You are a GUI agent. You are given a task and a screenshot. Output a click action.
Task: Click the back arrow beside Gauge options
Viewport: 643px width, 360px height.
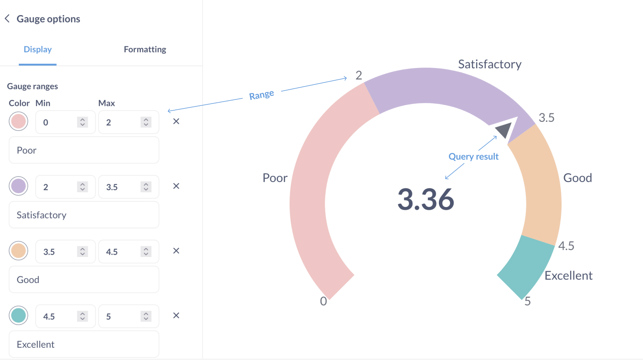pos(7,19)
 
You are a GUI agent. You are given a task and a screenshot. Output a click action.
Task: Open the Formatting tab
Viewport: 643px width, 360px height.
pos(145,50)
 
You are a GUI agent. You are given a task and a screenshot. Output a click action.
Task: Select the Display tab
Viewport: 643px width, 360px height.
pos(38,50)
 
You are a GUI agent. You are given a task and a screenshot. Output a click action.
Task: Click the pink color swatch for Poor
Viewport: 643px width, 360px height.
pos(18,121)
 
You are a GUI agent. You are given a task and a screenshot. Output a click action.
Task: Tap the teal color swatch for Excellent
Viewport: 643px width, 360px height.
pos(18,316)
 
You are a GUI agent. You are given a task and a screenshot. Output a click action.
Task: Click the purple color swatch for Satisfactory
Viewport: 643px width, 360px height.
pos(18,186)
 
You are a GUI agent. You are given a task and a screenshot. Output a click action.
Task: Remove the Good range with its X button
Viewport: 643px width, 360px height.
pos(176,251)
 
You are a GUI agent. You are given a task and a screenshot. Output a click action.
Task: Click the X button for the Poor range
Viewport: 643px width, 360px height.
pos(176,121)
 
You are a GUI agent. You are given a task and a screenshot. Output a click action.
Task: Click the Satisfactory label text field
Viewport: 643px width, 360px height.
pos(84,215)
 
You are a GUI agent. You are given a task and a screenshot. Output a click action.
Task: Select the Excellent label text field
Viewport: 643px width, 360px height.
pos(84,344)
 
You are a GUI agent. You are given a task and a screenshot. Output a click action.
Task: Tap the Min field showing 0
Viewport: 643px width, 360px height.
pos(58,123)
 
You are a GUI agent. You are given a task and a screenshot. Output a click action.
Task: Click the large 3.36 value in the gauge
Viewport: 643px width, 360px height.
pos(426,199)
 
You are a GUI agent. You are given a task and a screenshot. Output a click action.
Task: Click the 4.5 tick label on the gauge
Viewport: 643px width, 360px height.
pos(566,246)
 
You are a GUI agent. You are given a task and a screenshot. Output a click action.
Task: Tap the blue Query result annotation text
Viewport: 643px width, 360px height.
pos(473,157)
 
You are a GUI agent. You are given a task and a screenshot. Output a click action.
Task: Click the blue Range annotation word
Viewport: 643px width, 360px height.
pos(262,95)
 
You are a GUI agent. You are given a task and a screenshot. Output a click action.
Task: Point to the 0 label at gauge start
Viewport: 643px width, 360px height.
pos(323,301)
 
